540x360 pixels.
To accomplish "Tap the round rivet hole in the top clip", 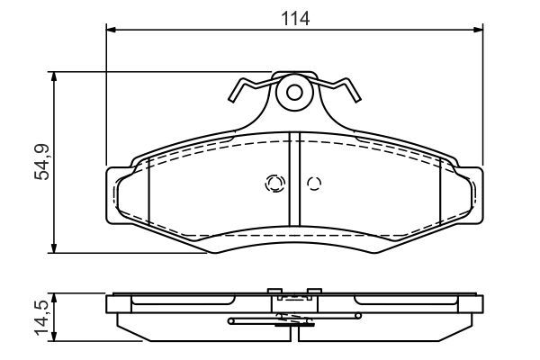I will coord(293,92).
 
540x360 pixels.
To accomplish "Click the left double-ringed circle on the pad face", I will coord(274,184).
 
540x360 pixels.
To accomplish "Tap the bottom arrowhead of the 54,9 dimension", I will coord(57,249).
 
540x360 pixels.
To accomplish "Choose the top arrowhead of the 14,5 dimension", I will coord(57,296).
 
